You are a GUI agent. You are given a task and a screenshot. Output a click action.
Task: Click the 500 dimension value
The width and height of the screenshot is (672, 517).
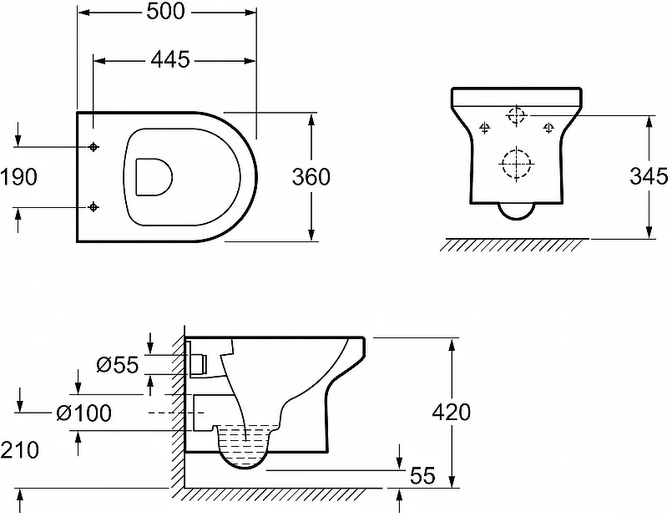pyautogui.click(x=166, y=12)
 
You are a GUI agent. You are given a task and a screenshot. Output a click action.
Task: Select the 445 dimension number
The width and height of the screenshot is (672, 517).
pyautogui.click(x=170, y=59)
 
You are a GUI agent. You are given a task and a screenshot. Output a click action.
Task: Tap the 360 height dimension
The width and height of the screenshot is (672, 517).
pyautogui.click(x=311, y=176)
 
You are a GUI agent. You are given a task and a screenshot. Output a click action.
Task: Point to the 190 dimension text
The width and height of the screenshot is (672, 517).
pyautogui.click(x=19, y=176)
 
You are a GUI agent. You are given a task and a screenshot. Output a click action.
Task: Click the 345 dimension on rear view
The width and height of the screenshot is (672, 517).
pyautogui.click(x=649, y=176)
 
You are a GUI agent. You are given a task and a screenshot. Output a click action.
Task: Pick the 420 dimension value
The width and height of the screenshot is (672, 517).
pyautogui.click(x=452, y=413)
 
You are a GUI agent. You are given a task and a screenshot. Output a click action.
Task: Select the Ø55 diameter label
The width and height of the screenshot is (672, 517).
pyautogui.click(x=118, y=365)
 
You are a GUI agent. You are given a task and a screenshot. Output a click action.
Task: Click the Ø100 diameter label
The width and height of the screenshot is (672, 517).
pyautogui.click(x=84, y=413)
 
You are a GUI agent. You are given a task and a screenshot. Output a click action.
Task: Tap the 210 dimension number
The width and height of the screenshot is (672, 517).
pyautogui.click(x=20, y=450)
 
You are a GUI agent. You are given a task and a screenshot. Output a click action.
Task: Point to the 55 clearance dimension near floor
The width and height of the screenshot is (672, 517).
pyautogui.click(x=422, y=475)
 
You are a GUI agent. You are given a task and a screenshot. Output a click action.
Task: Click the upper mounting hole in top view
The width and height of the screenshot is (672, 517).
pyautogui.click(x=93, y=147)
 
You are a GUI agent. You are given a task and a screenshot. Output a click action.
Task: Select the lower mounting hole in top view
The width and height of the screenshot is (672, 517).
pyautogui.click(x=93, y=207)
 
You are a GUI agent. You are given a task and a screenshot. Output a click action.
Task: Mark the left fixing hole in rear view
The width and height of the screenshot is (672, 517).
pyautogui.click(x=485, y=127)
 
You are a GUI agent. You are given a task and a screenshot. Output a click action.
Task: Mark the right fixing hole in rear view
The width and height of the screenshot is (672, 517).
pyautogui.click(x=548, y=127)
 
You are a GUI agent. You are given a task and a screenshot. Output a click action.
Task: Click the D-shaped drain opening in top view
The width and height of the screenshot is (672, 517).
pyautogui.click(x=136, y=177)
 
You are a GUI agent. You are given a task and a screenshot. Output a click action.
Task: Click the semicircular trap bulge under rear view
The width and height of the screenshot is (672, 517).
pyautogui.click(x=517, y=219)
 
